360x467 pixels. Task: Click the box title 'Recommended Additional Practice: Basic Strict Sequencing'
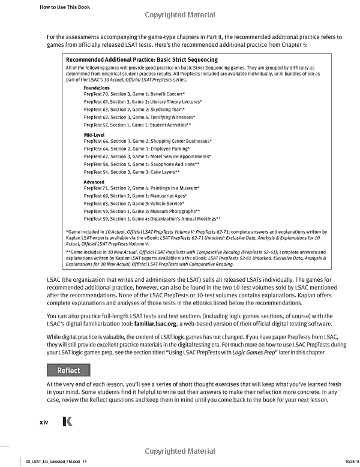pyautogui.click(x=142, y=60)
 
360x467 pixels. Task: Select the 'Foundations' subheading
pyautogui.click(x=97, y=88)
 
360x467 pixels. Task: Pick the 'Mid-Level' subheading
pyautogui.click(x=95, y=135)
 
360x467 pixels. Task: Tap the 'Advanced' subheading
pyautogui.click(x=95, y=182)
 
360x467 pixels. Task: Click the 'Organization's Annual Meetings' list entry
pyautogui.click(x=152, y=219)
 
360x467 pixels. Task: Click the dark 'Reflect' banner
pyautogui.click(x=68, y=370)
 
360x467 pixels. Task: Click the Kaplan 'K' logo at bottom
pyautogui.click(x=67, y=423)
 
